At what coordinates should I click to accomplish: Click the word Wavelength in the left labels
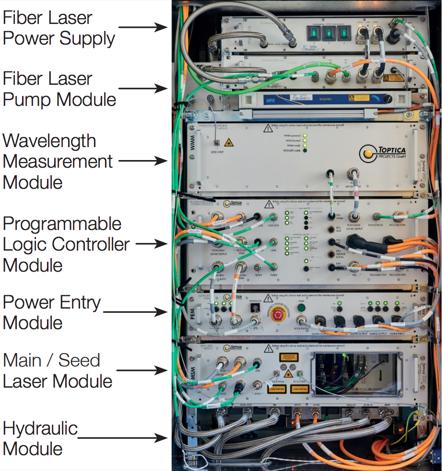click(49, 141)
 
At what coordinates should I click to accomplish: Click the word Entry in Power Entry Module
click(77, 303)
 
